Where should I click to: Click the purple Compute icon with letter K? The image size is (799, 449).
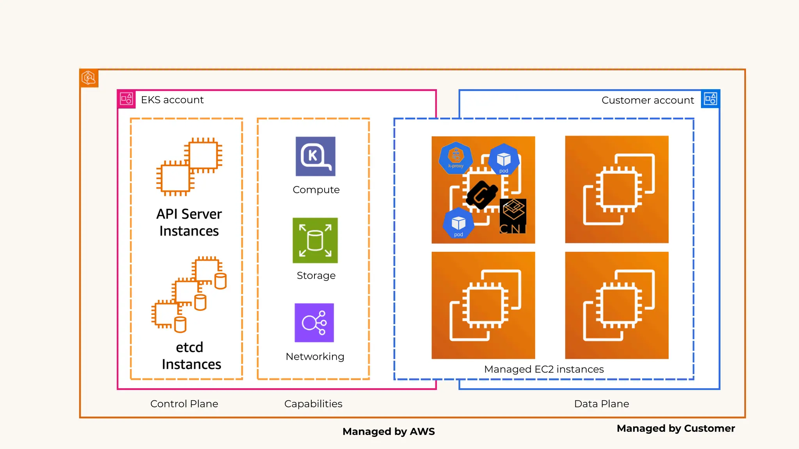[x=315, y=156]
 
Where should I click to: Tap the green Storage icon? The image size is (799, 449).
[x=315, y=240]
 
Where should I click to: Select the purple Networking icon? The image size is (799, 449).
[x=314, y=323]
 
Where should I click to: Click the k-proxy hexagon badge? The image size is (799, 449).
[x=456, y=157]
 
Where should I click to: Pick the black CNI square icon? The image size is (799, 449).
[x=513, y=216]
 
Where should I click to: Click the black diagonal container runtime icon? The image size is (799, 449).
[x=482, y=195]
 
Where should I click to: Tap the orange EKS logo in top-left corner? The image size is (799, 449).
[x=89, y=78]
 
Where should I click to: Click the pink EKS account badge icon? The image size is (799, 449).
[x=126, y=99]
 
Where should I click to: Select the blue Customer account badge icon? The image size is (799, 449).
[x=710, y=99]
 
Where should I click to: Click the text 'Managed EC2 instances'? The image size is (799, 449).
[x=544, y=369]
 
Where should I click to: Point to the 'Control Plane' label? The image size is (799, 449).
[x=184, y=404]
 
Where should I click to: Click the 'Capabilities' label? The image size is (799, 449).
[x=313, y=404]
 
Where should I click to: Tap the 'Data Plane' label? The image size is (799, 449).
[x=602, y=404]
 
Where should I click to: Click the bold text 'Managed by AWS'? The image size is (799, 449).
[x=389, y=431]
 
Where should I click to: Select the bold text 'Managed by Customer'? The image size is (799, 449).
[x=676, y=428]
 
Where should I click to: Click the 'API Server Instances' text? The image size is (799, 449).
[x=189, y=223]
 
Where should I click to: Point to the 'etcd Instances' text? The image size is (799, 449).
[x=191, y=356]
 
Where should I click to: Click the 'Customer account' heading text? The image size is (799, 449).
[x=648, y=100]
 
